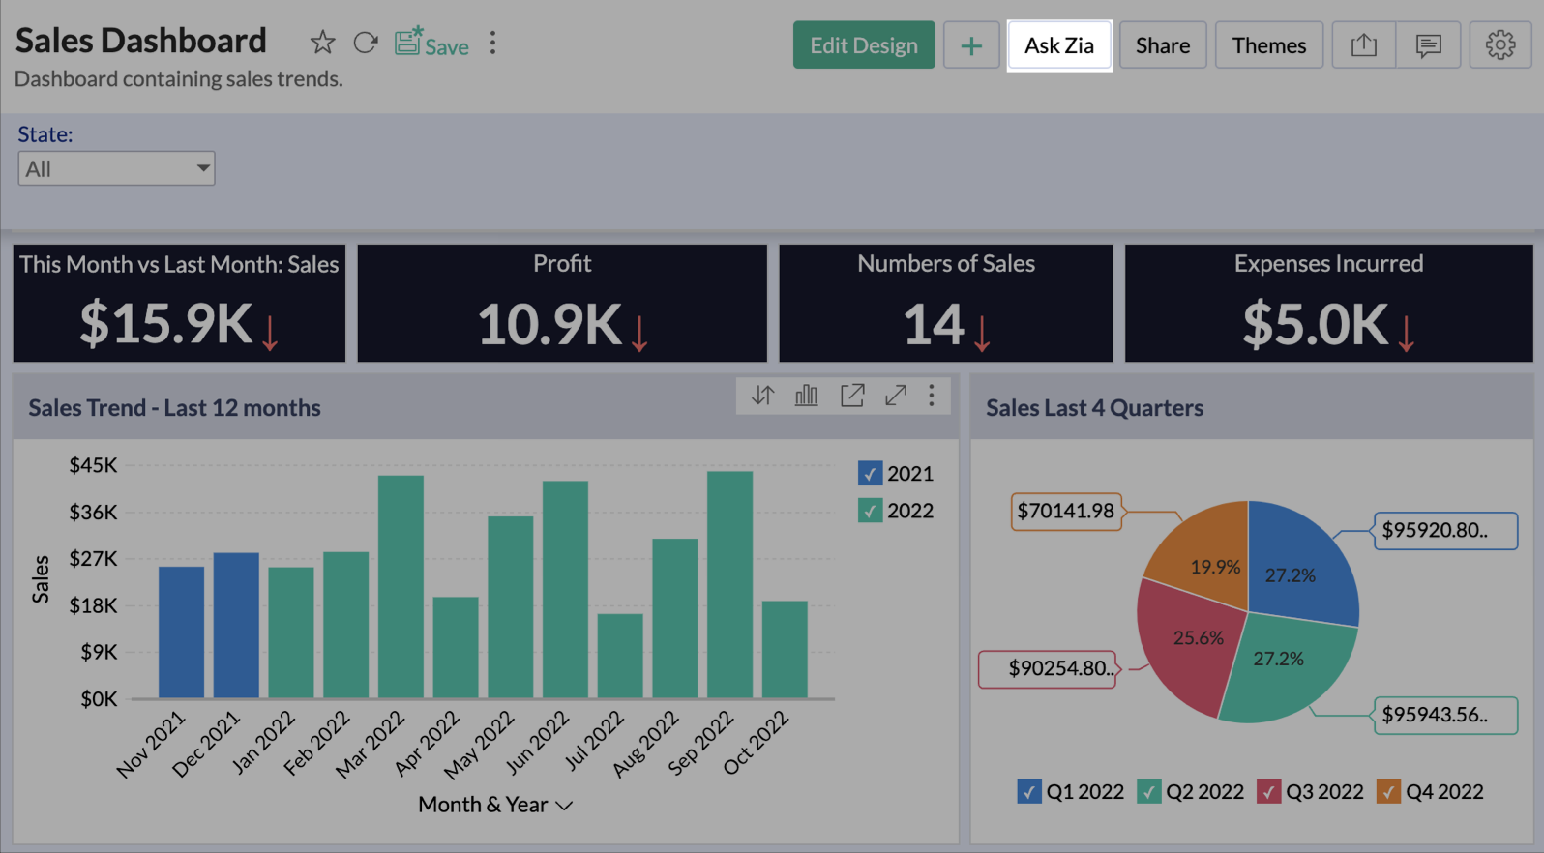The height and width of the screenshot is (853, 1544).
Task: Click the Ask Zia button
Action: [1059, 45]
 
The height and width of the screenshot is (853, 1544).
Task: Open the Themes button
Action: [1268, 45]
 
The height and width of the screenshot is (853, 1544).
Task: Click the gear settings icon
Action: [1499, 45]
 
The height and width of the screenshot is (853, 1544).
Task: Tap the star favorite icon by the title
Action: [322, 44]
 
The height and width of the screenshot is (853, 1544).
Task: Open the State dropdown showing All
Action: [116, 169]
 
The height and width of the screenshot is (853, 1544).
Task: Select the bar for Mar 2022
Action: [401, 586]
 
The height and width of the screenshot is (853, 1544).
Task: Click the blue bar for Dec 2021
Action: [236, 625]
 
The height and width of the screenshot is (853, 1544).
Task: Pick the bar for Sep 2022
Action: [729, 584]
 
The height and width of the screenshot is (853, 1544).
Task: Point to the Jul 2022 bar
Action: [620, 656]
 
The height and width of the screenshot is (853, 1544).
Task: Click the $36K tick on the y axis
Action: [93, 513]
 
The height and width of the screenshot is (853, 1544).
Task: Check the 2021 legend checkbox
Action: [870, 474]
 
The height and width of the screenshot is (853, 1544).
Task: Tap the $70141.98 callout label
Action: [1065, 511]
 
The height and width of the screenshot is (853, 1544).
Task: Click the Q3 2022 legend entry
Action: [1311, 792]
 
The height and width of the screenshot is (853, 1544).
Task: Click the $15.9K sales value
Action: [165, 324]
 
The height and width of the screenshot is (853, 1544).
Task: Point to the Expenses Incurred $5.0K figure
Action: [1315, 324]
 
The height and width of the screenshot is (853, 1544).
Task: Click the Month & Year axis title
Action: [484, 805]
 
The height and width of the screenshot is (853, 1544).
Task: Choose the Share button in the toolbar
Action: [1162, 45]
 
